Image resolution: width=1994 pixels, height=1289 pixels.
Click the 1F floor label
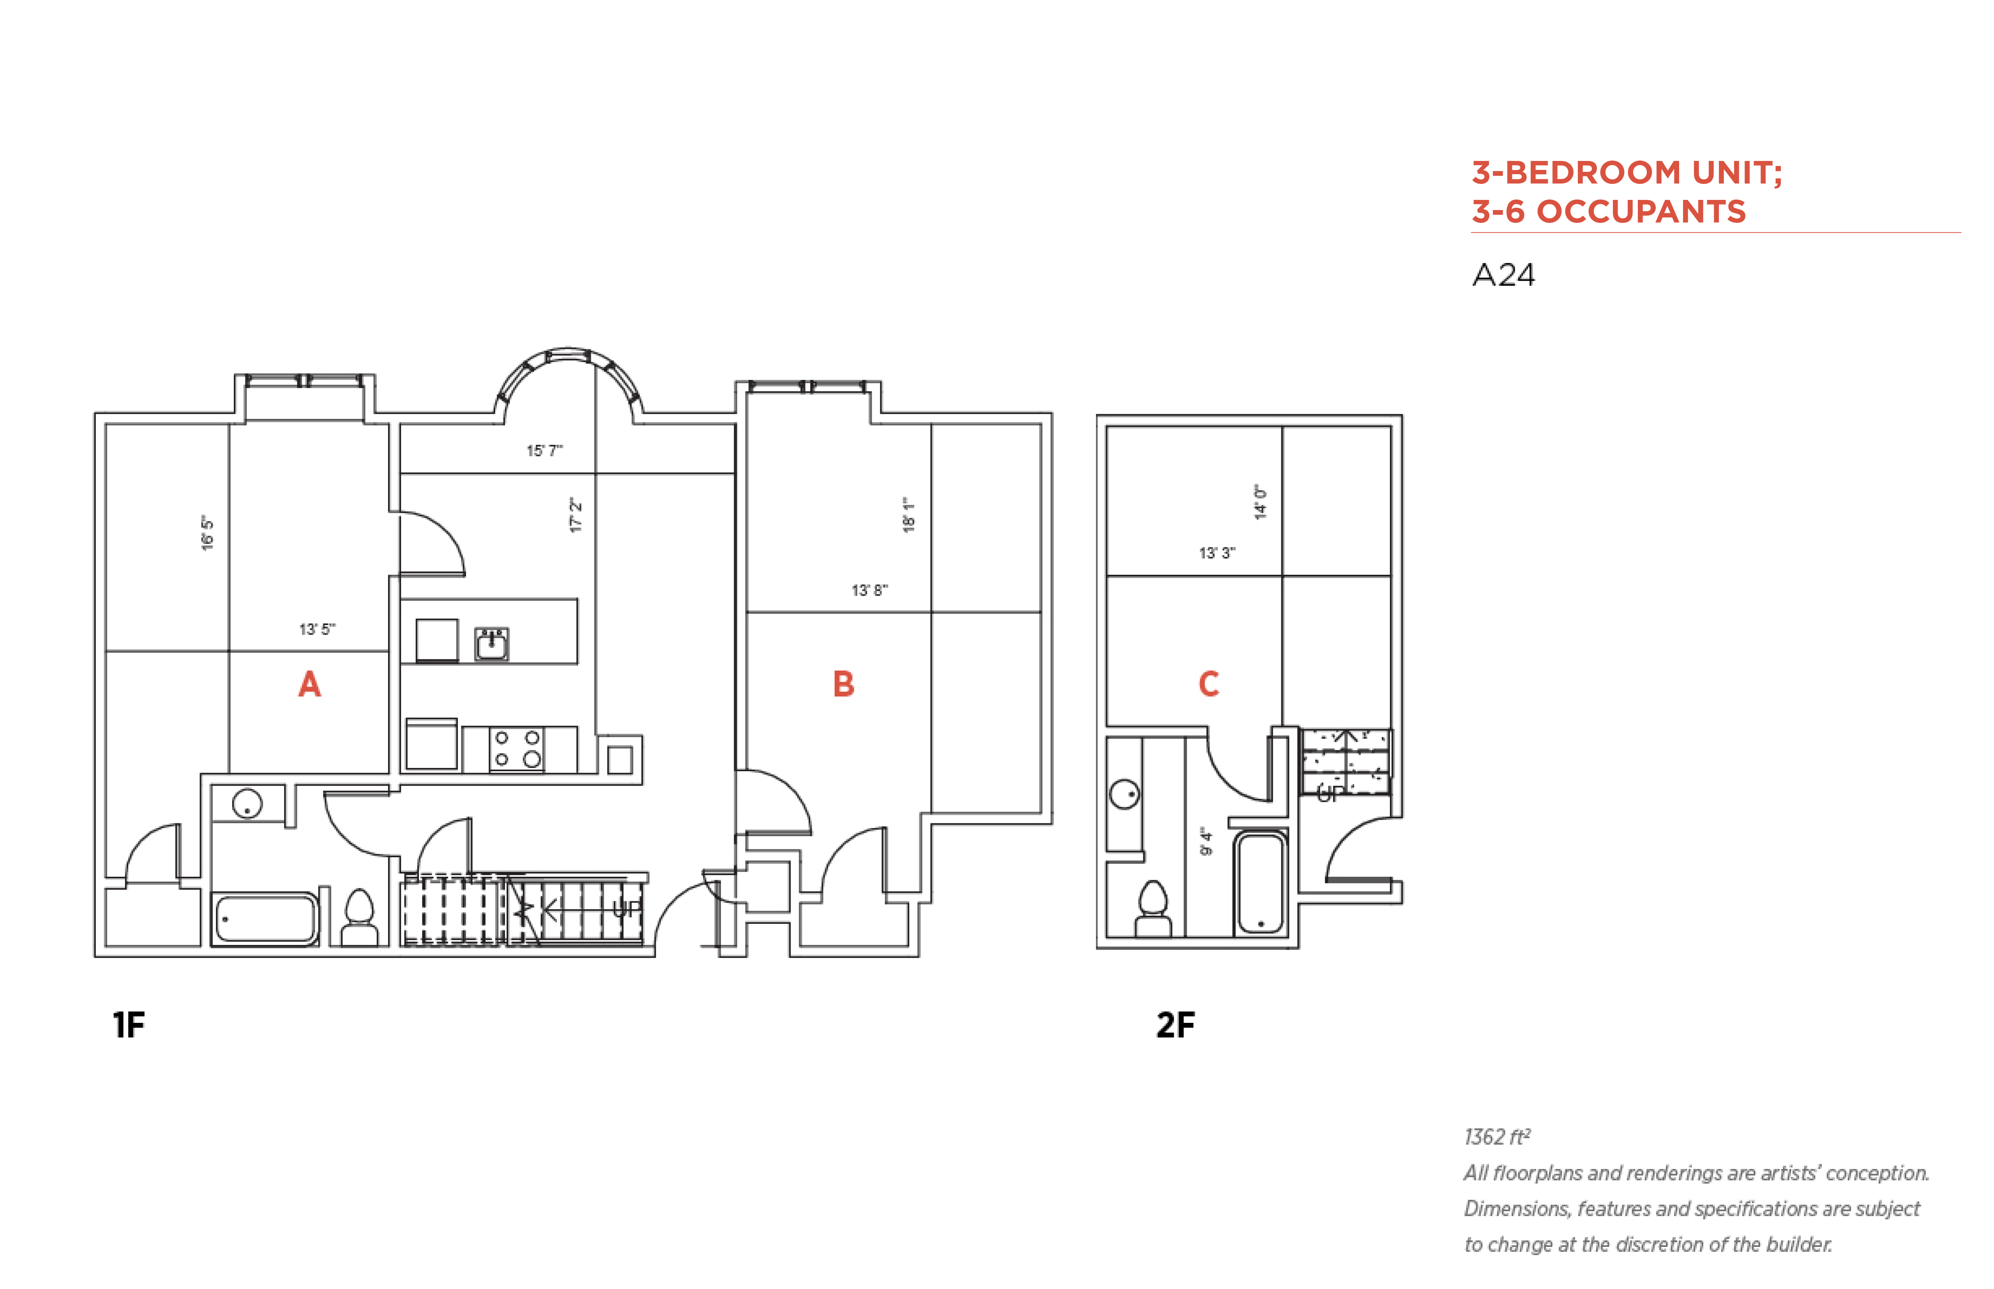129,1024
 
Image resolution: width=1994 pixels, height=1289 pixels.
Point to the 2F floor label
1175,1024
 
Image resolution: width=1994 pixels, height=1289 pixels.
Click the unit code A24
1503,275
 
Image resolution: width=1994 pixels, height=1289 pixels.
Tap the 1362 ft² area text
1497,1137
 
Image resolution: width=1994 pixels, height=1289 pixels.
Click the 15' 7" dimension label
544,450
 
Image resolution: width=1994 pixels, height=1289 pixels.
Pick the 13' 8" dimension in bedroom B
870,590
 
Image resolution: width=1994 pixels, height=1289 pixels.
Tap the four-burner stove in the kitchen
516,748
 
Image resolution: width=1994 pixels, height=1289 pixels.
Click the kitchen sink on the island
491,644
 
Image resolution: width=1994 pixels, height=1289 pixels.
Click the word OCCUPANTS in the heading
1641,211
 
